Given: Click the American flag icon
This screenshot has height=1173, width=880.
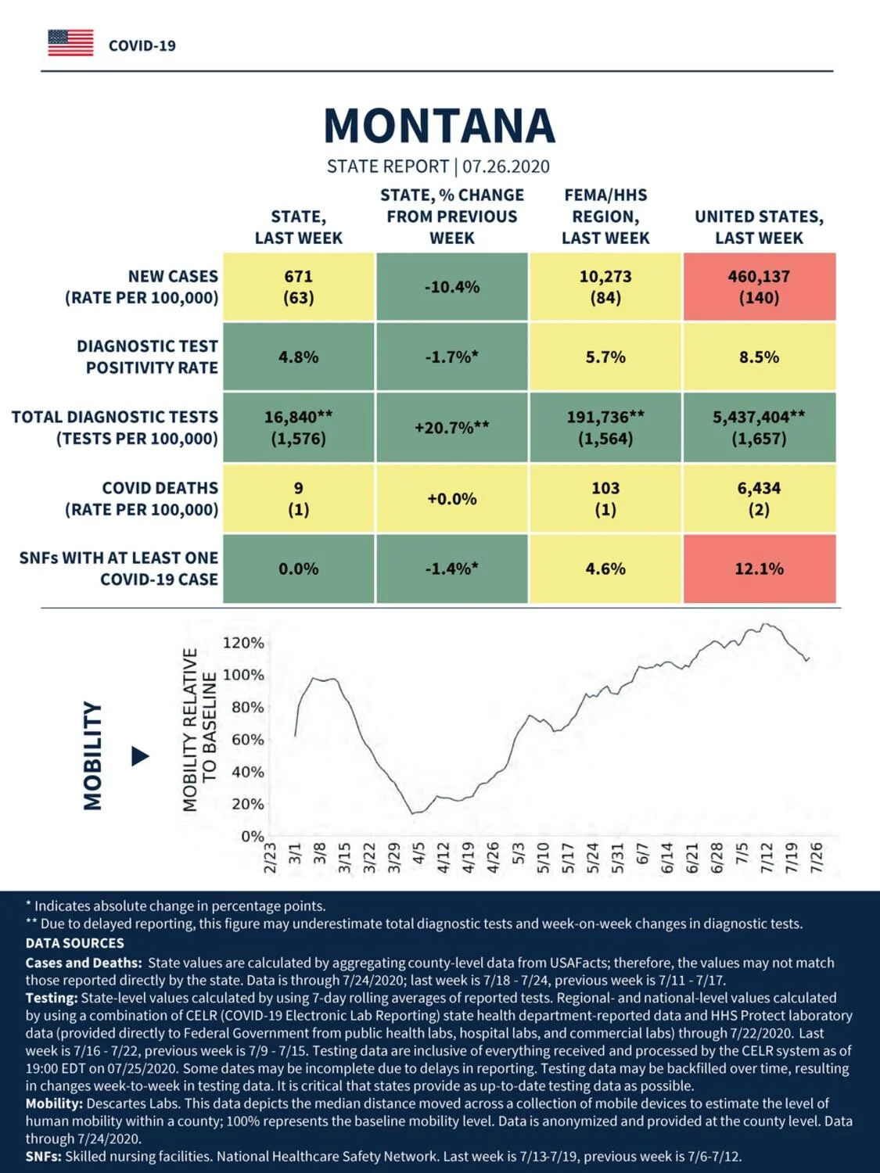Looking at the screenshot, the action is coord(70,43).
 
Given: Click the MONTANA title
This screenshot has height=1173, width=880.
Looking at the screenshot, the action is coord(439,126).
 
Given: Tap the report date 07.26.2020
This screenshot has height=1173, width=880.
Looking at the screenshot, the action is coord(505,167).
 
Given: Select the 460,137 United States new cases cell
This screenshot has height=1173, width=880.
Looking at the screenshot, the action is coord(760,287).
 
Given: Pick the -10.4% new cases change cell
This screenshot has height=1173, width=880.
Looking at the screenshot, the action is coord(452,287).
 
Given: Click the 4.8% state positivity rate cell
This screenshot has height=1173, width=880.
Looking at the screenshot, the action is coord(299,357).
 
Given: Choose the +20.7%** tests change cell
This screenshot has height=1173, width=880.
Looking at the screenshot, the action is coord(452,428).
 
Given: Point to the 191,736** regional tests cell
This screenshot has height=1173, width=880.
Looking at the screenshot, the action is coord(605,428).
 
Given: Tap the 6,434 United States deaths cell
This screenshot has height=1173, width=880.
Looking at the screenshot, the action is coord(760,498).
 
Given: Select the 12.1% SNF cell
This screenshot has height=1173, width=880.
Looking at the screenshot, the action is coord(760,569).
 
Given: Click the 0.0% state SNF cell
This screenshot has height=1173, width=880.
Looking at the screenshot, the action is coord(299,569).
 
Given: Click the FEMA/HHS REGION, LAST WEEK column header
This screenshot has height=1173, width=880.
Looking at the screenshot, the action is coord(605,217).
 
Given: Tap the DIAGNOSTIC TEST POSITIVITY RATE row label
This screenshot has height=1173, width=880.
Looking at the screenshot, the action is coord(147,357).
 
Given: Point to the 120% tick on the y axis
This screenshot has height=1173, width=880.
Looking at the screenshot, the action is coord(243,643).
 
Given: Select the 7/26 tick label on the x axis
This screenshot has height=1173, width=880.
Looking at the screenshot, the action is coord(817,858).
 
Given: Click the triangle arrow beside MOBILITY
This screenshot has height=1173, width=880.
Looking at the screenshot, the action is coord(140,756).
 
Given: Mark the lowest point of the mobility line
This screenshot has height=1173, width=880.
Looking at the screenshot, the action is coord(412,814).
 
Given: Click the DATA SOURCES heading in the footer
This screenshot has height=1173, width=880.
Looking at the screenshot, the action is coord(75,943).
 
